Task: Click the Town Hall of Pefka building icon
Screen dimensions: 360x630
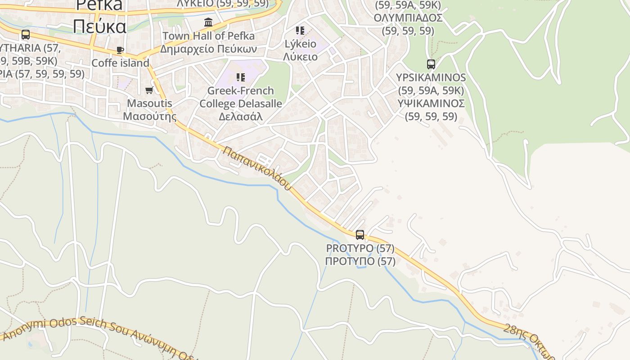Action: (208, 22)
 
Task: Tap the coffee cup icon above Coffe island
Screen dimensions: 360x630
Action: (120, 50)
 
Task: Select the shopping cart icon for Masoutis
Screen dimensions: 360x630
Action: (149, 90)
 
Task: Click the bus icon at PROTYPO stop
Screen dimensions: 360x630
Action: (360, 234)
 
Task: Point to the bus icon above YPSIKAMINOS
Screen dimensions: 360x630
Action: (431, 64)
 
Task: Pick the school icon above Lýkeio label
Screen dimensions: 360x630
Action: (300, 31)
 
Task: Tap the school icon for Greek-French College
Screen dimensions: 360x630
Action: (241, 77)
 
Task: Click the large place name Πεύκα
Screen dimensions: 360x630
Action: (100, 27)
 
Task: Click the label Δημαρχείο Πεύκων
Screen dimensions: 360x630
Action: (208, 49)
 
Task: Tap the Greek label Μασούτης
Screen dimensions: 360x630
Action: (149, 116)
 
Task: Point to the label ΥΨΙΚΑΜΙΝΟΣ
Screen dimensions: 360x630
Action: (431, 103)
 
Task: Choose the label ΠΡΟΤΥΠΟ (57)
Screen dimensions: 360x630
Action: (360, 261)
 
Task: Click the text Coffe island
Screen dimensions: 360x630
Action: (120, 63)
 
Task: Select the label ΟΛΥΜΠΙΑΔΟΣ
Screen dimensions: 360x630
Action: (408, 18)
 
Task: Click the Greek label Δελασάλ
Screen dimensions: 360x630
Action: (241, 117)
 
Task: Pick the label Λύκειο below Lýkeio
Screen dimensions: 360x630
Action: (300, 57)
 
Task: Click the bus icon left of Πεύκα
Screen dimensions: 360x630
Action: (26, 34)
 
